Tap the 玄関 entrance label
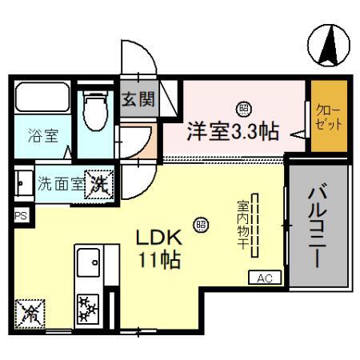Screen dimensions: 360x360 coord(137,100)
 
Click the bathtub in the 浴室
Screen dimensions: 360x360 coord(41,101)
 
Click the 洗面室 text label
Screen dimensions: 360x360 coord(60,182)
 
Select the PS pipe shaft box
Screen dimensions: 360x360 coord(19,215)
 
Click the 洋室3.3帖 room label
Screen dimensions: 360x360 coord(233,130)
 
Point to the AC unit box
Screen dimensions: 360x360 coord(265,278)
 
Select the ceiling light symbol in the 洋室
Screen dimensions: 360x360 coord(240,106)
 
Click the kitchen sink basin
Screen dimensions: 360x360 coord(87,262)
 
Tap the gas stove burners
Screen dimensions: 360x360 coord(86,308)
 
